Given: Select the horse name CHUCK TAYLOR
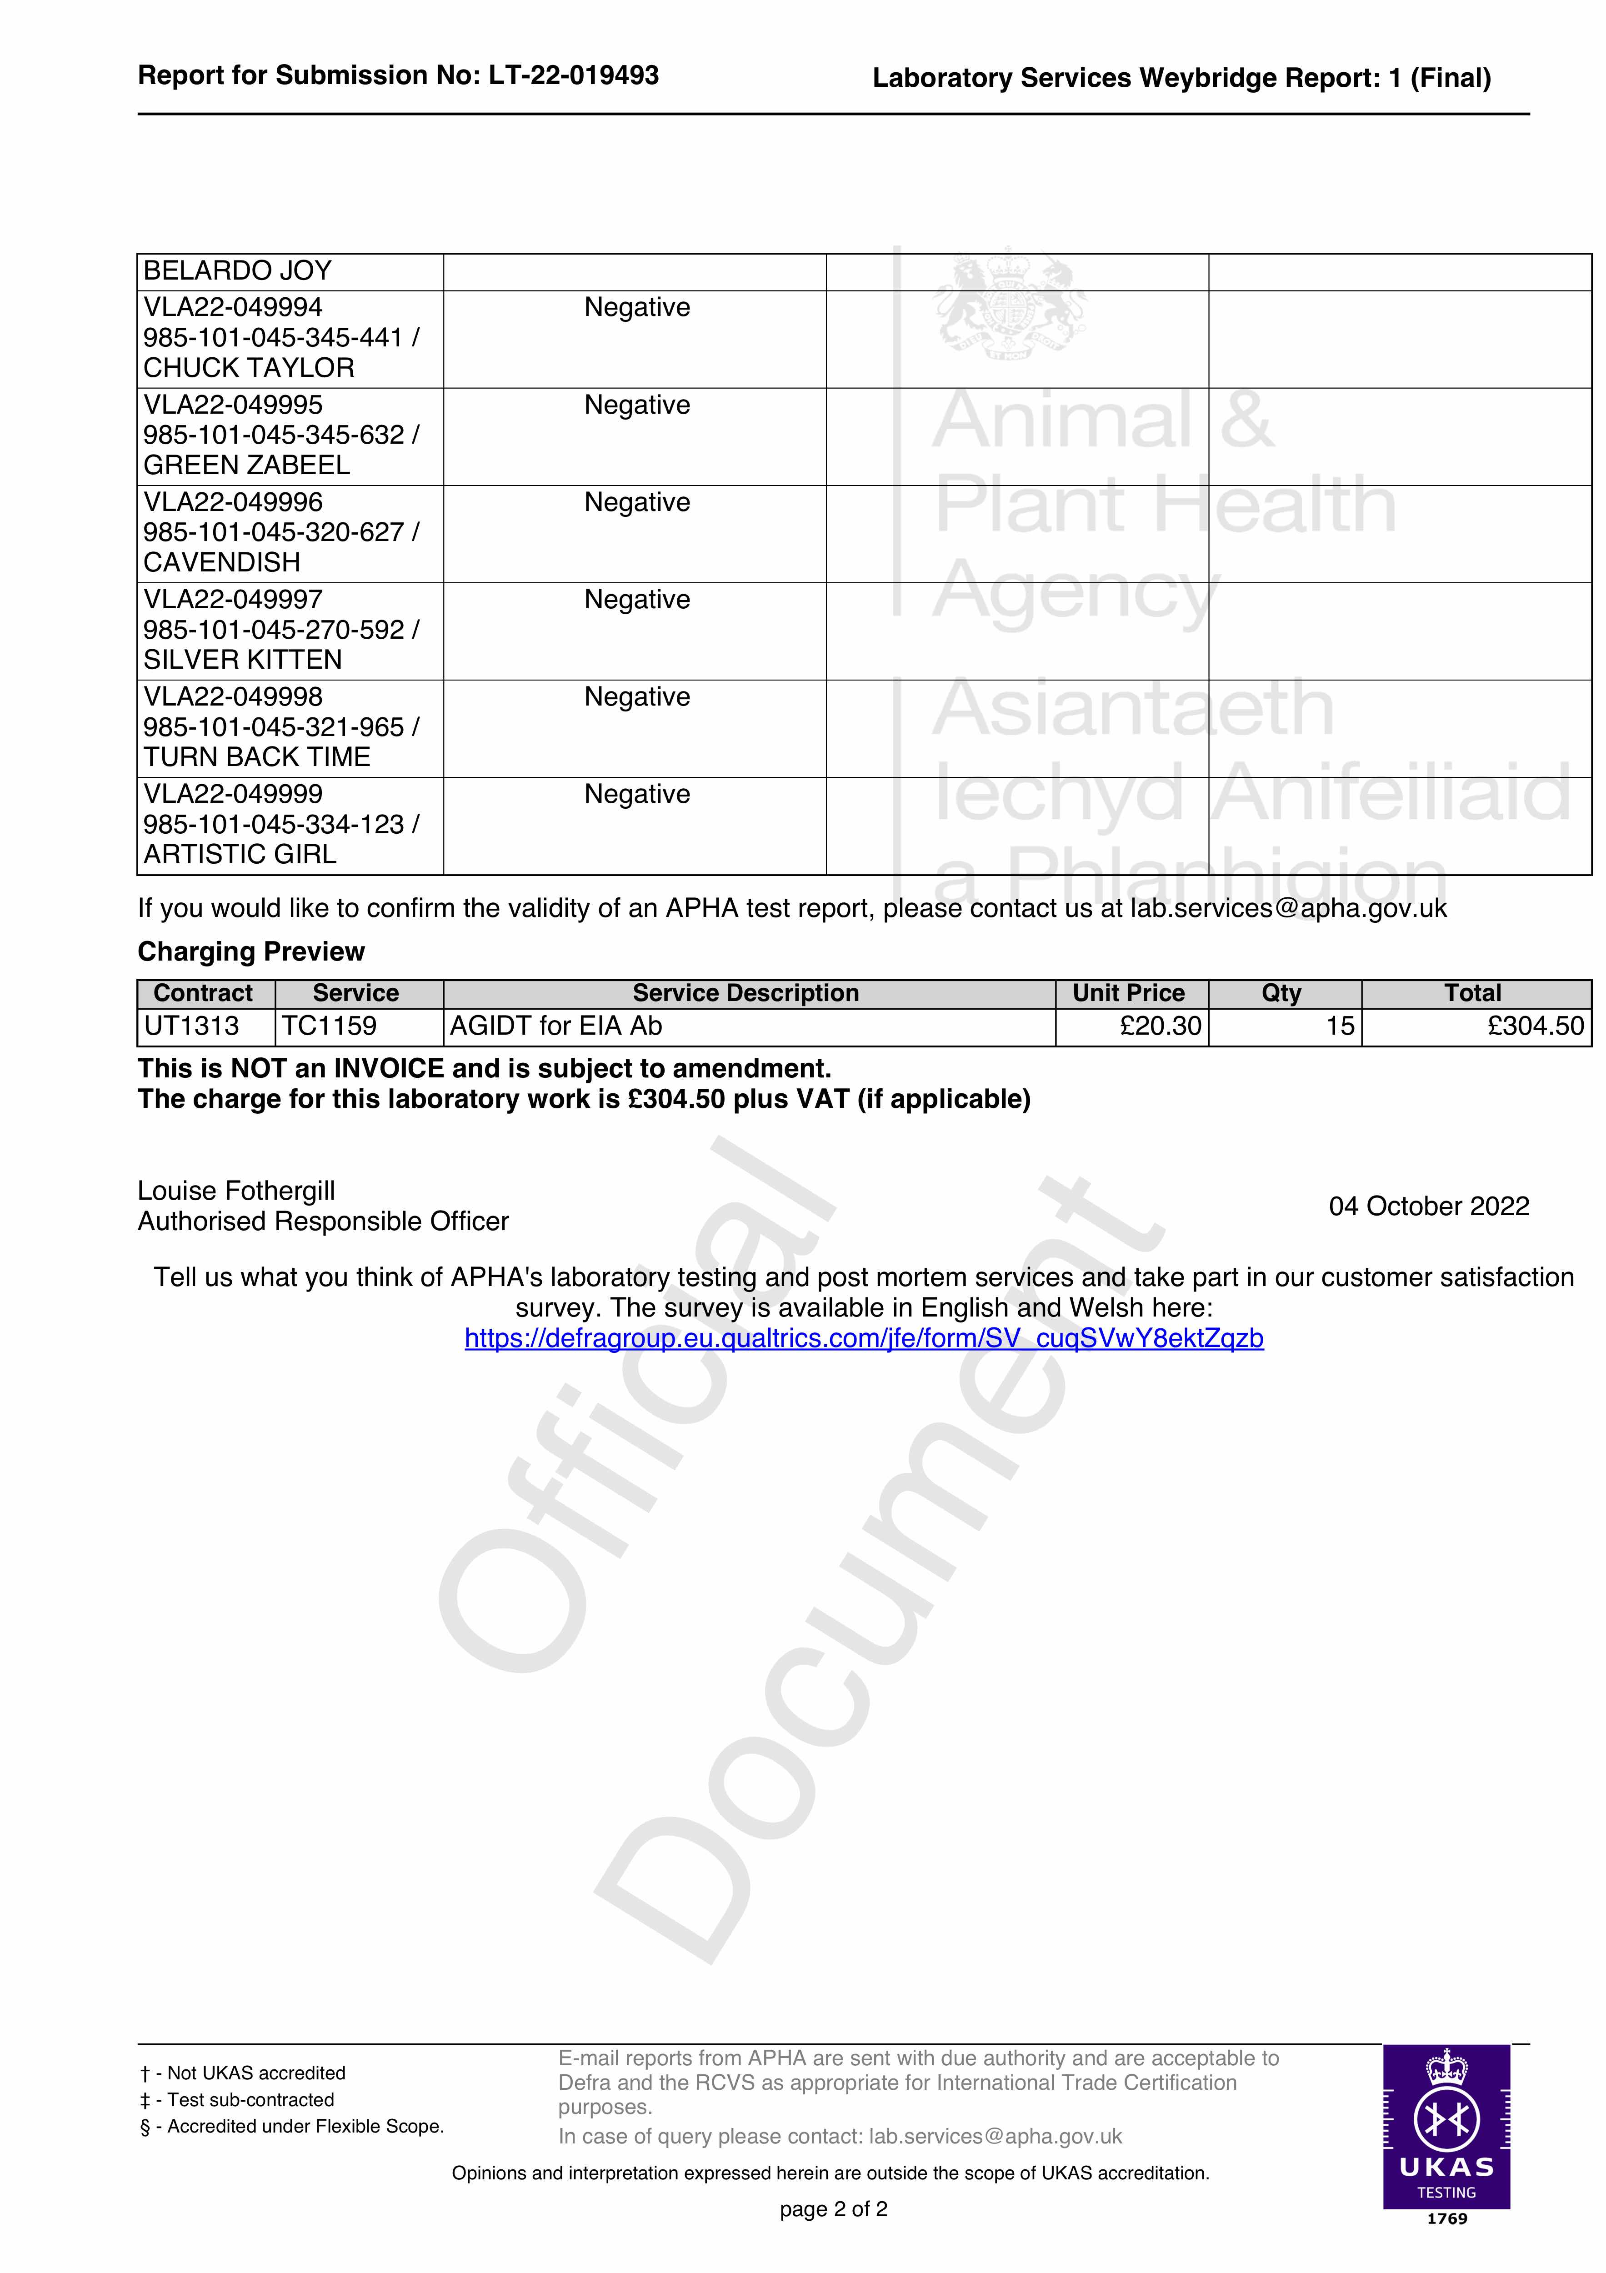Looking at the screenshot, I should pos(249,368).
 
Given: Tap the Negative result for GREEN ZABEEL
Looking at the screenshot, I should pos(637,405).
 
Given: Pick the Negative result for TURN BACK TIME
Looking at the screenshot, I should pos(637,697).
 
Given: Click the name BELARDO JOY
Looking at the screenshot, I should pos(238,271).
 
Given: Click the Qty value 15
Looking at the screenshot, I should pos(1340,1026).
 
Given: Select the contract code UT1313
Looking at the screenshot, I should pos(192,1026).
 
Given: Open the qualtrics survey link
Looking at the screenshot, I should pos(863,1338).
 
